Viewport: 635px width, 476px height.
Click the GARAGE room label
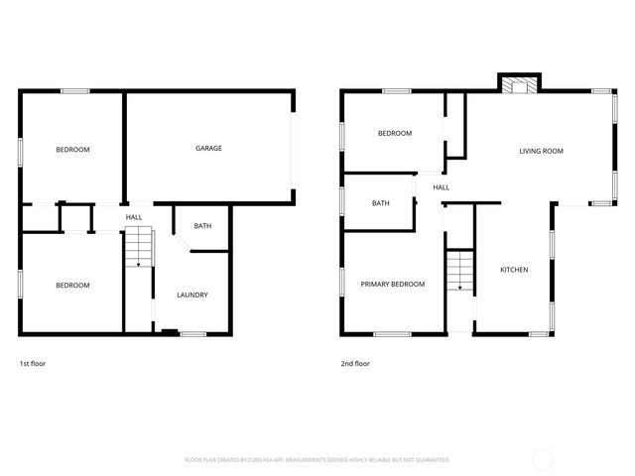208,149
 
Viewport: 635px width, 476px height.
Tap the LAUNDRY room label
191,296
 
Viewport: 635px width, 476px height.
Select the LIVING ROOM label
541,152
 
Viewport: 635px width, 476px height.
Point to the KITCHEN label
514,270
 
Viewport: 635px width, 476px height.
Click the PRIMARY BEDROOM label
393,285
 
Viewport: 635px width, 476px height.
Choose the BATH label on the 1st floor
202,226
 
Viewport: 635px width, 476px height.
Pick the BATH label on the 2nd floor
381,204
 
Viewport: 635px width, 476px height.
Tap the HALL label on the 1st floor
134,217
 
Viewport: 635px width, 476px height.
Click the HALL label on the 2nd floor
442,187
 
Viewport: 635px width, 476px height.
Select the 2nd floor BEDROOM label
394,134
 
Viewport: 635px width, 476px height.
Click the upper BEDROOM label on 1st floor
72,150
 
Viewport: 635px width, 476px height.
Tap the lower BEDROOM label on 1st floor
72,286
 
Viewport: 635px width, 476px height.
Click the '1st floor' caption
33,364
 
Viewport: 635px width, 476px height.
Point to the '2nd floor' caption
355,364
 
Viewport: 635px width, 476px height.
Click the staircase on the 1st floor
138,247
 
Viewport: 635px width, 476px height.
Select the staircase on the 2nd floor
458,271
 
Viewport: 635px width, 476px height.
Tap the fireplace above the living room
517,85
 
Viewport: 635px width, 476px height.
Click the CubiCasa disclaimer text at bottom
317,460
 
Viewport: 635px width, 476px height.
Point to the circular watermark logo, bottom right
543,459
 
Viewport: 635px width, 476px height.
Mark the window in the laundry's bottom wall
192,334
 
